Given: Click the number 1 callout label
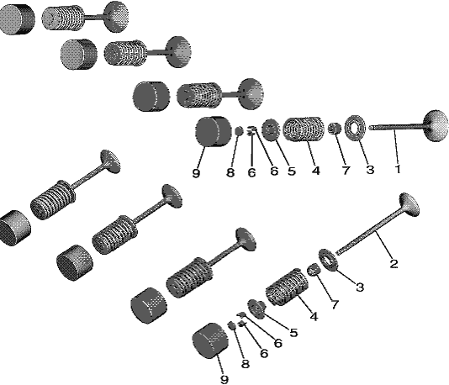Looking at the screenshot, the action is (398, 169).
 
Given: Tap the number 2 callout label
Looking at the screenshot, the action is (394, 264).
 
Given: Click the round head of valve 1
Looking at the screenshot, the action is (436, 125).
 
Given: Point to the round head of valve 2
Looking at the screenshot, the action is (409, 204).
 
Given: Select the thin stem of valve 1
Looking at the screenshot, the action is (396, 127).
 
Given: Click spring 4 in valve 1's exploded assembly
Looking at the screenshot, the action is (304, 129).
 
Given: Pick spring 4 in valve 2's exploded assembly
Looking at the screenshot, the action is (287, 287).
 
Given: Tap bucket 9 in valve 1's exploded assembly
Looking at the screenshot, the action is (214, 131).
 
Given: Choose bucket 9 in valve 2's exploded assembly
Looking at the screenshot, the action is (211, 340).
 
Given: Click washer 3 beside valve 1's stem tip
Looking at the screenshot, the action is (355, 128).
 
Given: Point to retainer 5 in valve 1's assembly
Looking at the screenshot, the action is (270, 129).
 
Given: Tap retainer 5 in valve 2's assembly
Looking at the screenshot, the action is (257, 309).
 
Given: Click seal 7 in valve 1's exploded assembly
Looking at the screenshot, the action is (335, 129).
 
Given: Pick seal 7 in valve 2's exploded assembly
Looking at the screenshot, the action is (314, 269).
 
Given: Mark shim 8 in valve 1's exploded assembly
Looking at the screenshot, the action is (239, 131).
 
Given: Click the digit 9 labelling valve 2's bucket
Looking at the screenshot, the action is (225, 380).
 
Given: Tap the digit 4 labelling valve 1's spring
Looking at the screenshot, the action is (315, 171).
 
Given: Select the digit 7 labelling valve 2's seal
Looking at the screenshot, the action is (334, 304).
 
